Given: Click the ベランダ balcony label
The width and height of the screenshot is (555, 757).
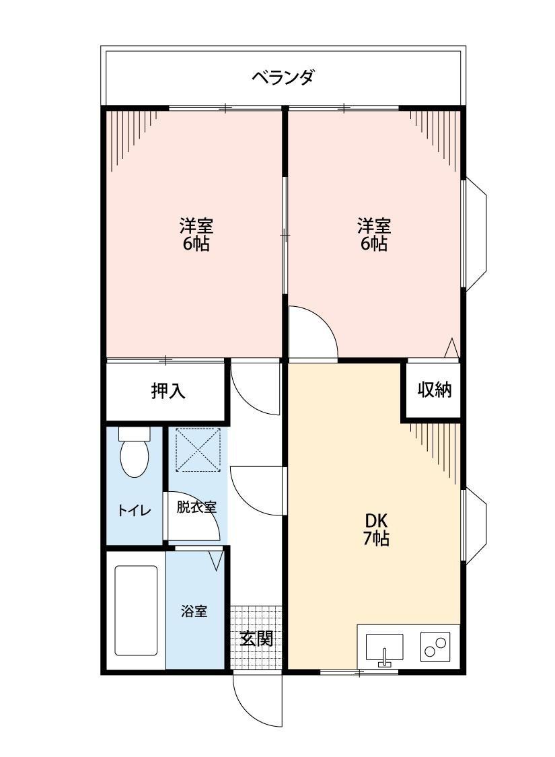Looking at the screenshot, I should [x=283, y=77].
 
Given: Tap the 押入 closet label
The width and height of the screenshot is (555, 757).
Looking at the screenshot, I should [x=168, y=391].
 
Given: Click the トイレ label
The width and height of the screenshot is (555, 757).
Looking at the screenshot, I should [x=135, y=510].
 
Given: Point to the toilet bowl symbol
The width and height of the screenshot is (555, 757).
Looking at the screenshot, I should [x=135, y=456].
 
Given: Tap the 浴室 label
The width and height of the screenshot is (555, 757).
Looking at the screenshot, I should [x=194, y=612].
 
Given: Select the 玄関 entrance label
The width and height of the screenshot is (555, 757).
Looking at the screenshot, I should [x=256, y=638].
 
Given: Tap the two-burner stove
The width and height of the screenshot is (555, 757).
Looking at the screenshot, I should [x=434, y=648].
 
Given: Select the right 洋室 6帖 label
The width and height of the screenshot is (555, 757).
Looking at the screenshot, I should [x=373, y=234].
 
